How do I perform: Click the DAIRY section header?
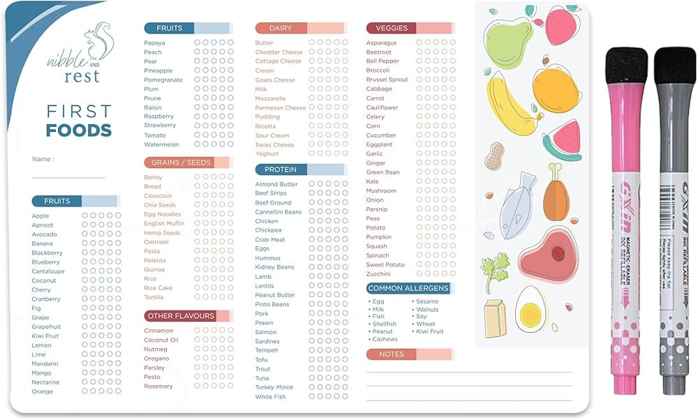281,28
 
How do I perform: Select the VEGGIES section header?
392,28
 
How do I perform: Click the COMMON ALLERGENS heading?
408,288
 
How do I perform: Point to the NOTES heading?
392,354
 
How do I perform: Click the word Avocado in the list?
45,234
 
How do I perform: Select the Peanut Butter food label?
275,295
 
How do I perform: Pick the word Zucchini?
379,274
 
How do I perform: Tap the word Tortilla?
154,297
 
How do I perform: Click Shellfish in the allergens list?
385,324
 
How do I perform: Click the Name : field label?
43,159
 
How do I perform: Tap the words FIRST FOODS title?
78,121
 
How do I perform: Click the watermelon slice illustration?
563,140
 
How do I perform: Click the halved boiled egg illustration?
531,307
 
